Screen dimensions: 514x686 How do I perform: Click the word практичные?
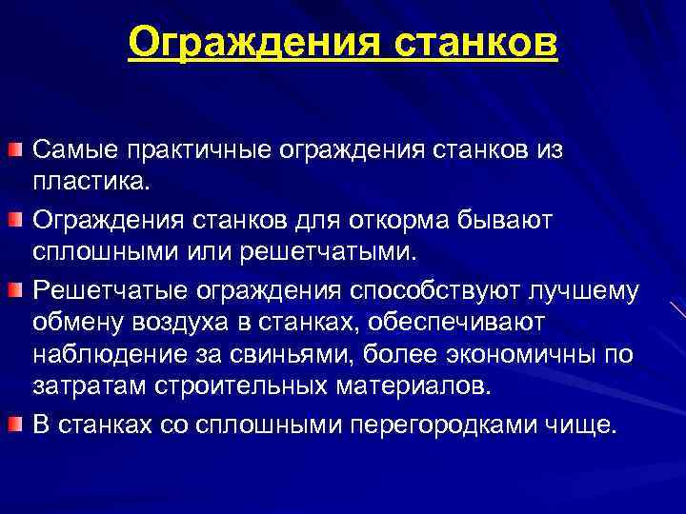198,150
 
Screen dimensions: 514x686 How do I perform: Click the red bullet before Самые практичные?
15,150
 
